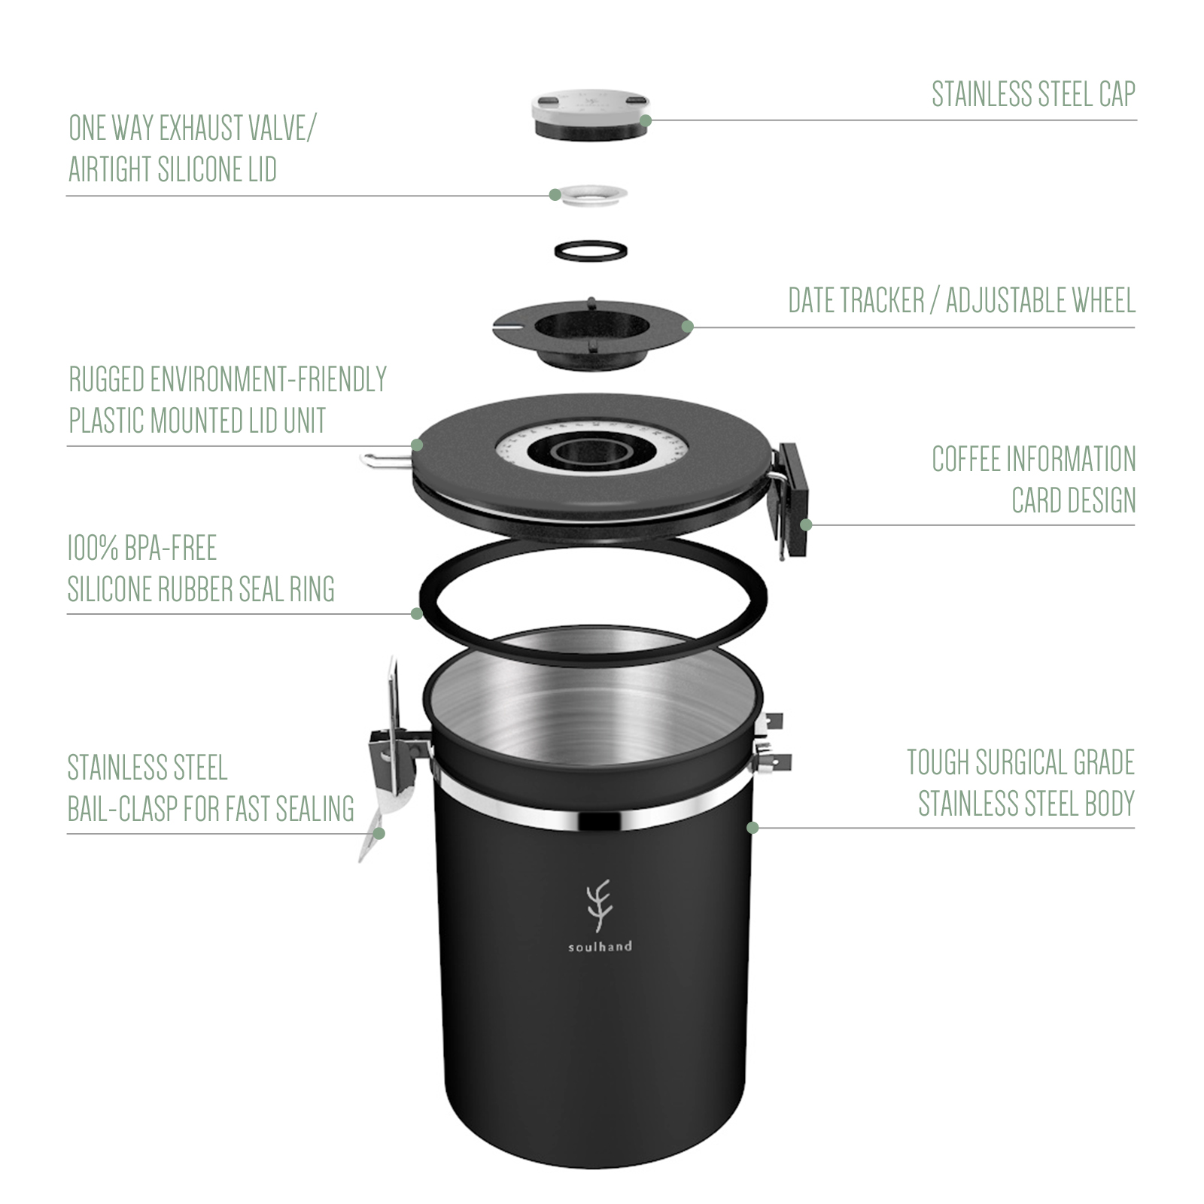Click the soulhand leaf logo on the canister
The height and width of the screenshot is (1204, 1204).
(599, 906)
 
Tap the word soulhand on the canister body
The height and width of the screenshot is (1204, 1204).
(599, 947)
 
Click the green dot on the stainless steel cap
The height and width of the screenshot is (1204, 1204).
(645, 120)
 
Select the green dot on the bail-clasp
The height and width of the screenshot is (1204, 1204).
(379, 833)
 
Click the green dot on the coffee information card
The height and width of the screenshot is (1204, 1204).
(805, 524)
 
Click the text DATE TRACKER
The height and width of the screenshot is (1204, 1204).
(856, 301)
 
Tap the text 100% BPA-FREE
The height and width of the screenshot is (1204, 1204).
(142, 548)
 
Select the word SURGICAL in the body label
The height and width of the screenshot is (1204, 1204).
(1022, 763)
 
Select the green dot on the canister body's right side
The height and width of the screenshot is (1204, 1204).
(751, 827)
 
